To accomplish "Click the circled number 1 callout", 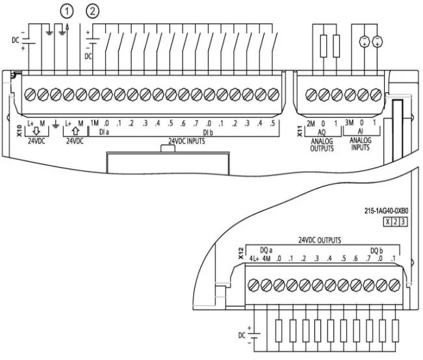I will tap(66, 10).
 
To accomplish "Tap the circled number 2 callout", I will tap(95, 10).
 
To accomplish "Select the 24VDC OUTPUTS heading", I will tap(320, 240).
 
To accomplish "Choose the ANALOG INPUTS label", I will tap(363, 144).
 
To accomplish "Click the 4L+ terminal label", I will tap(254, 259).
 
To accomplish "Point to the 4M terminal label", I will tap(266, 259).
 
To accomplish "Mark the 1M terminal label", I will tap(94, 123).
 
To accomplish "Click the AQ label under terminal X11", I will tap(322, 131).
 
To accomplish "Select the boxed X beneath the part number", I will tap(387, 222).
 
